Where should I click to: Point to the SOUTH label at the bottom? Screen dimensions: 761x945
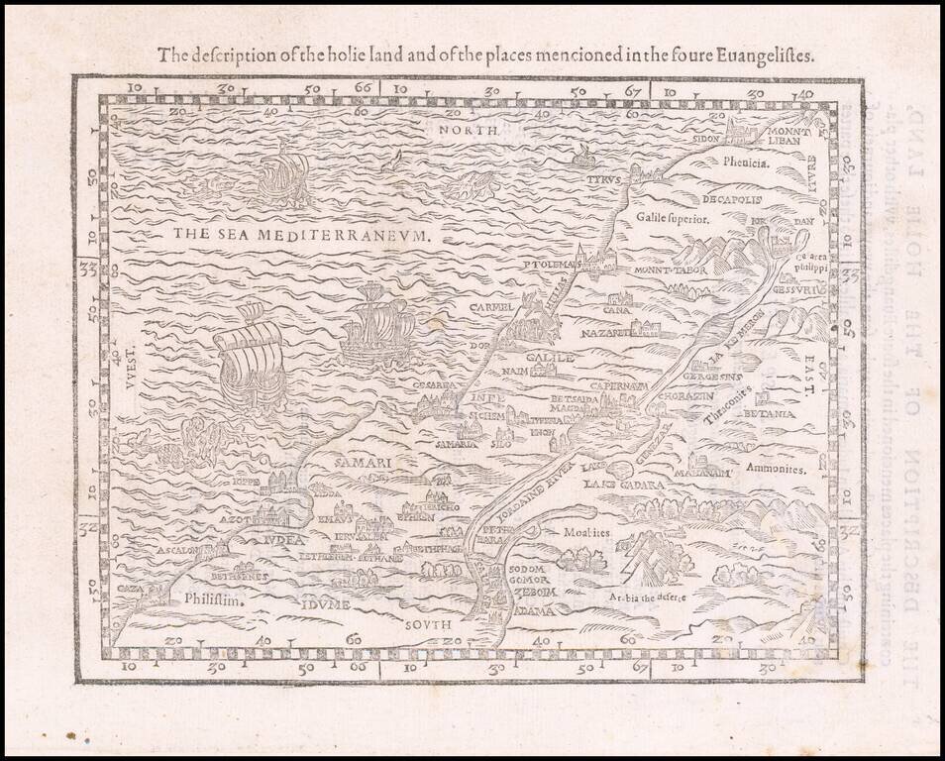point(428,625)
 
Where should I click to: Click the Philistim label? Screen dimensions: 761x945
point(213,598)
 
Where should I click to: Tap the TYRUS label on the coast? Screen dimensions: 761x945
point(601,180)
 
